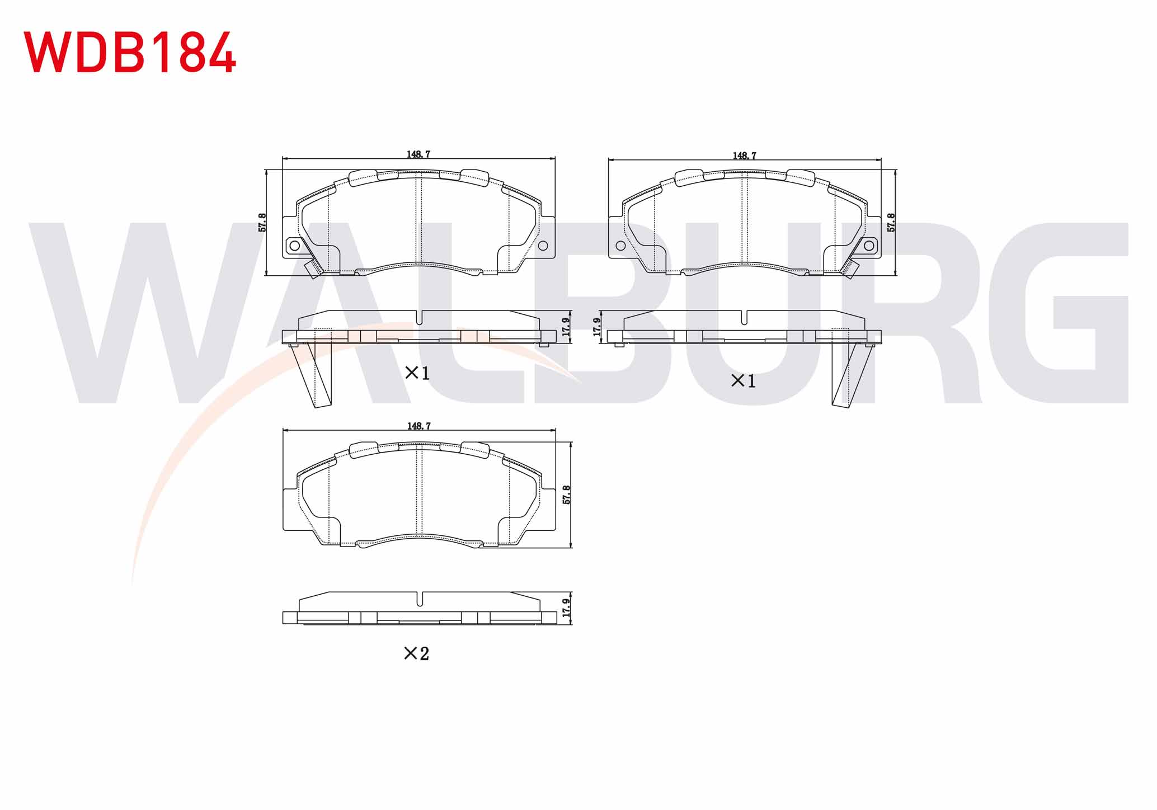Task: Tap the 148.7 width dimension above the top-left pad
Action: pyautogui.click(x=418, y=154)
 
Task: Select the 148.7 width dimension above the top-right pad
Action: pyautogui.click(x=745, y=156)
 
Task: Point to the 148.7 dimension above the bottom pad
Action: pyautogui.click(x=419, y=426)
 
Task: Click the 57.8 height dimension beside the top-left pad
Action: pyautogui.click(x=262, y=223)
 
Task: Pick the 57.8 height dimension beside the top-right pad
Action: pyautogui.click(x=891, y=223)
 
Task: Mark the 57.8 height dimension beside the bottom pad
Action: pyautogui.click(x=566, y=495)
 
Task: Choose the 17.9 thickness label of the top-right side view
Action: pyautogui.click(x=597, y=327)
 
